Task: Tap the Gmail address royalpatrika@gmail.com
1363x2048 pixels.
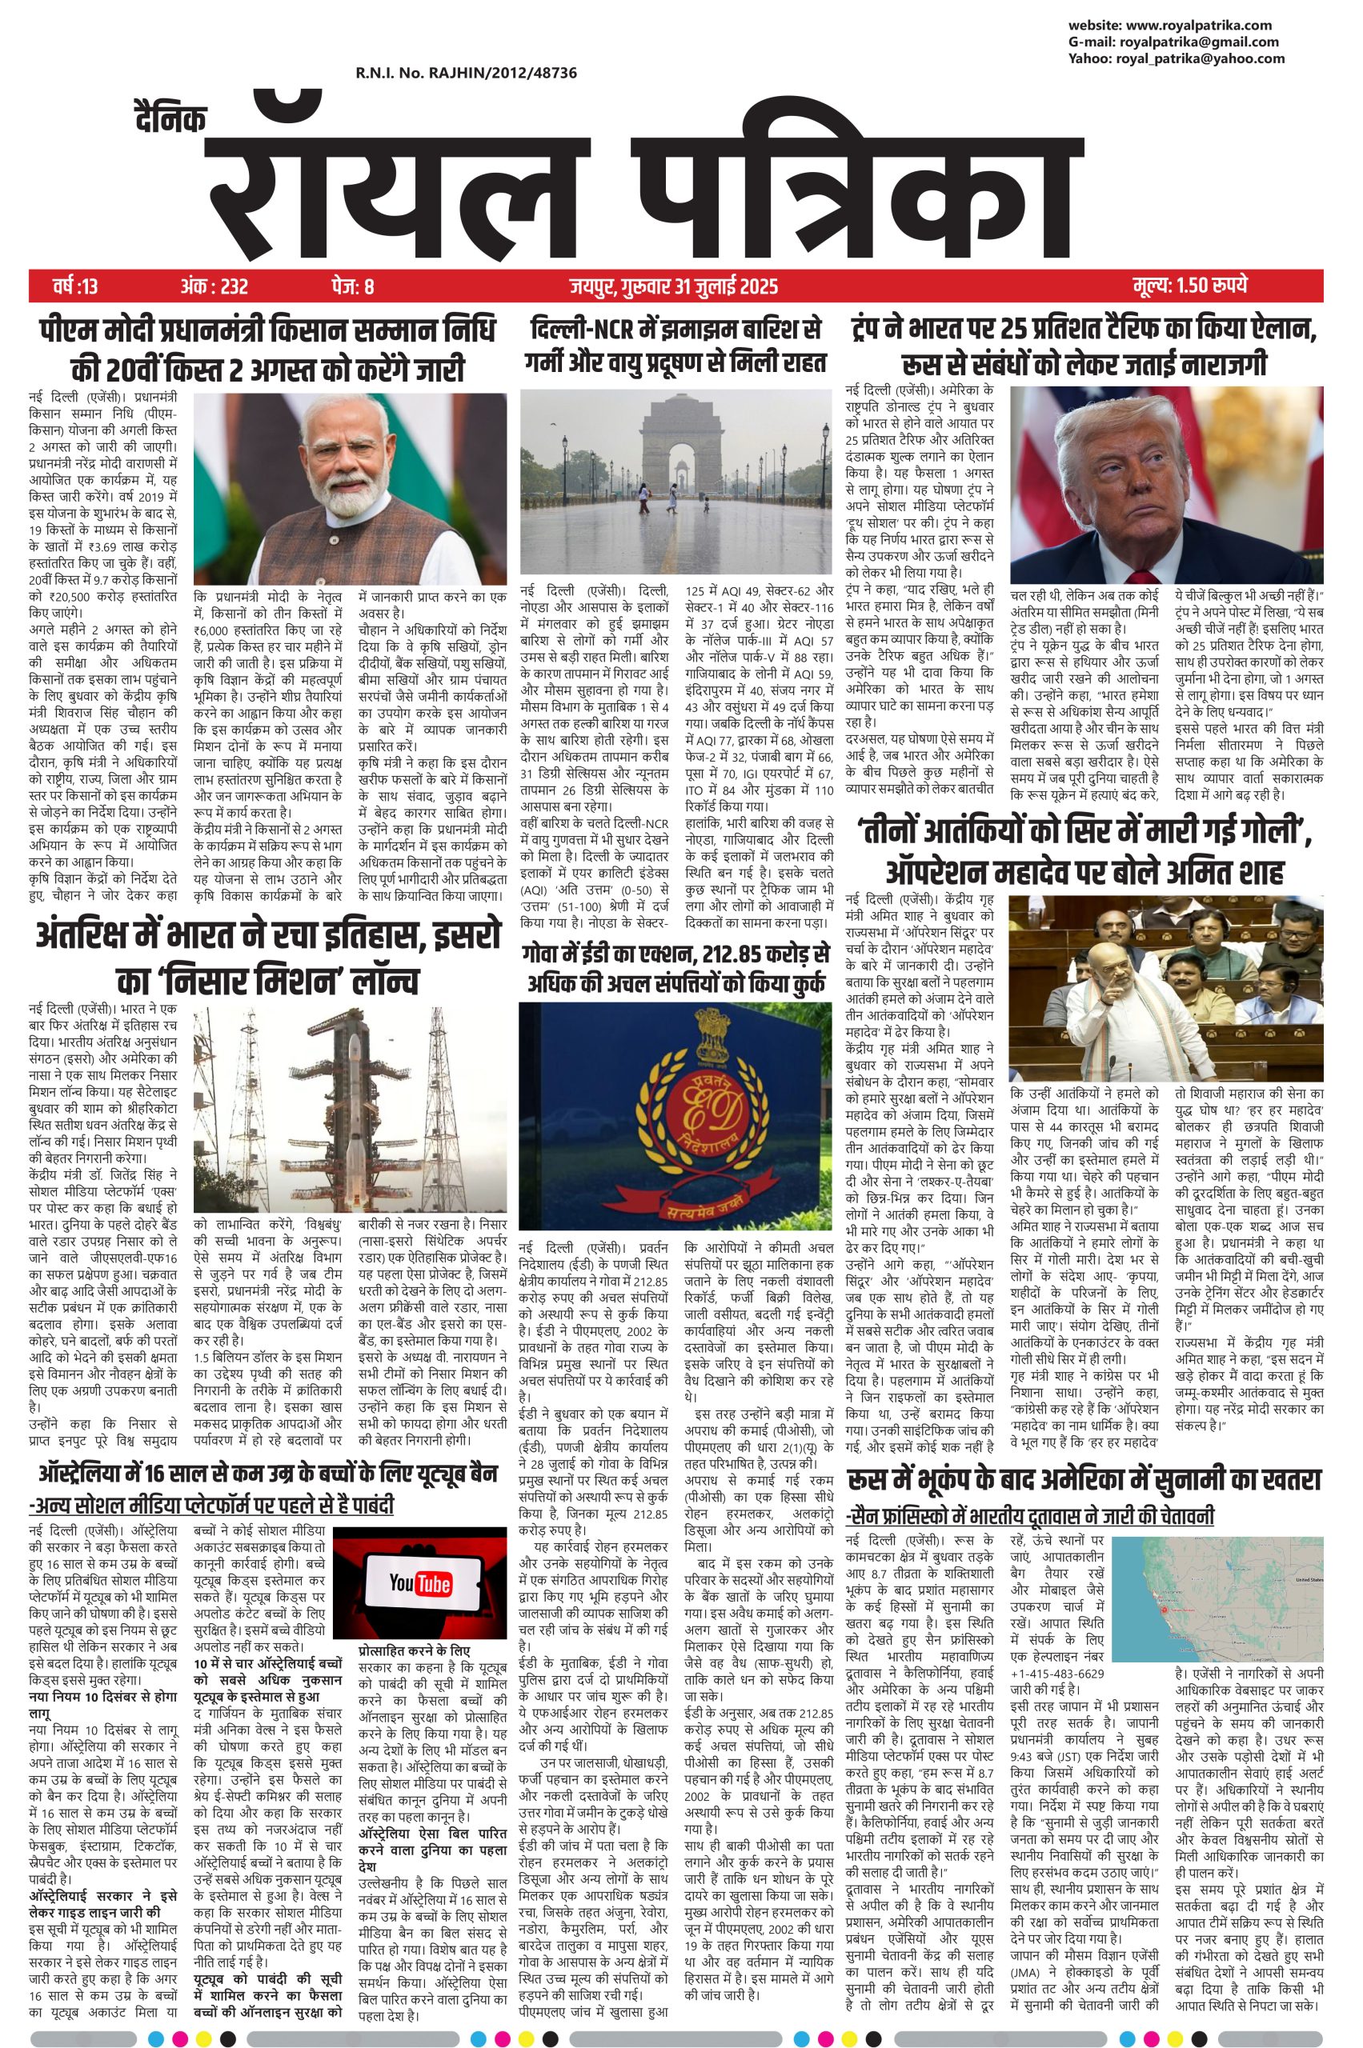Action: [x=1199, y=42]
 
